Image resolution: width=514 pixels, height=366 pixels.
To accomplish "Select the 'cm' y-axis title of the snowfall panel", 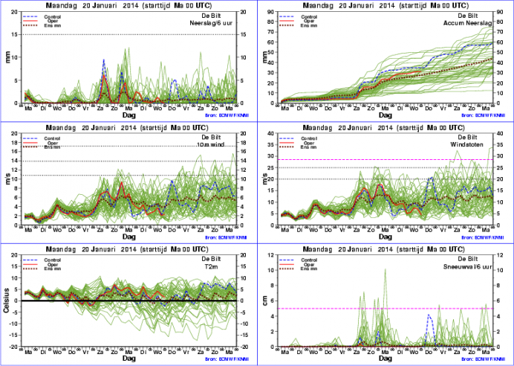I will point(263,302).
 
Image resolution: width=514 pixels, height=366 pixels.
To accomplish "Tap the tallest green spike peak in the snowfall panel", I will point(385,269).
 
